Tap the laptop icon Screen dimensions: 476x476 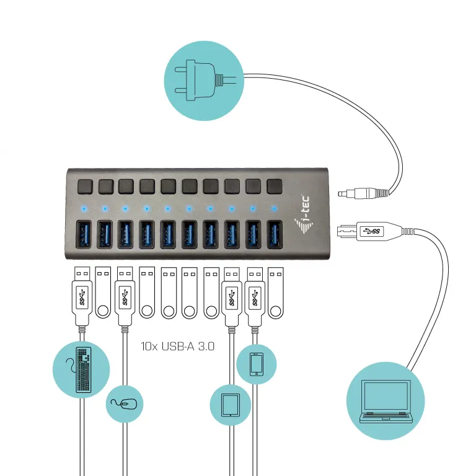click(386, 402)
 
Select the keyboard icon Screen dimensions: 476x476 click(81, 369)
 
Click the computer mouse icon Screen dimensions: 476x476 click(125, 404)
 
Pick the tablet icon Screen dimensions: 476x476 click(230, 405)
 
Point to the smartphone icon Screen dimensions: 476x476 click(256, 364)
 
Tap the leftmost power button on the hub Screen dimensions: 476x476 click(85, 185)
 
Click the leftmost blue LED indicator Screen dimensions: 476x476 click(84, 208)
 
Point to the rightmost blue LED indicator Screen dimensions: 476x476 click(273, 208)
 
